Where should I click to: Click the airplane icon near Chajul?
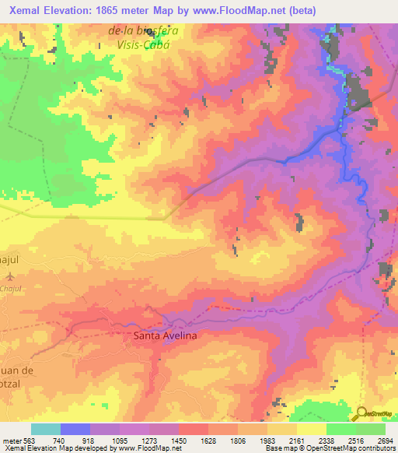9,276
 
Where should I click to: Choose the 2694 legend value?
386,440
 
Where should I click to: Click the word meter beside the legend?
12,440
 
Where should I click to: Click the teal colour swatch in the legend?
46,429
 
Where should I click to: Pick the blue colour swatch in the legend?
75,429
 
